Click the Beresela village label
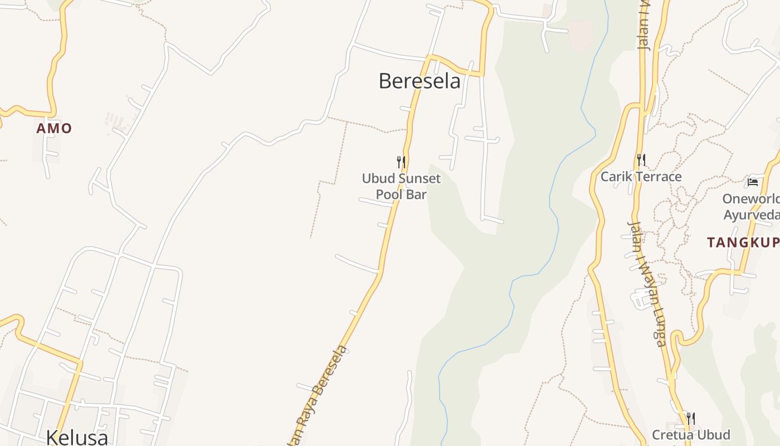point(420,81)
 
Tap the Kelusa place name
point(77,436)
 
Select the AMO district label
point(54,128)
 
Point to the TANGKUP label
point(743,243)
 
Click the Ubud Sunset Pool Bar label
point(401,186)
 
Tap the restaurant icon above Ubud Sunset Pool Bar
point(401,162)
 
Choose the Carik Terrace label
point(641,177)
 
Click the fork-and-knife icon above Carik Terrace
point(641,160)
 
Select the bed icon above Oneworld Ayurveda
point(752,182)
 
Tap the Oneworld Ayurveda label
point(750,207)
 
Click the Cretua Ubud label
point(691,435)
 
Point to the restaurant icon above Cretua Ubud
point(690,418)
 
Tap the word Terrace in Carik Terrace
point(660,177)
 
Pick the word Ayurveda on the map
point(750,215)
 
